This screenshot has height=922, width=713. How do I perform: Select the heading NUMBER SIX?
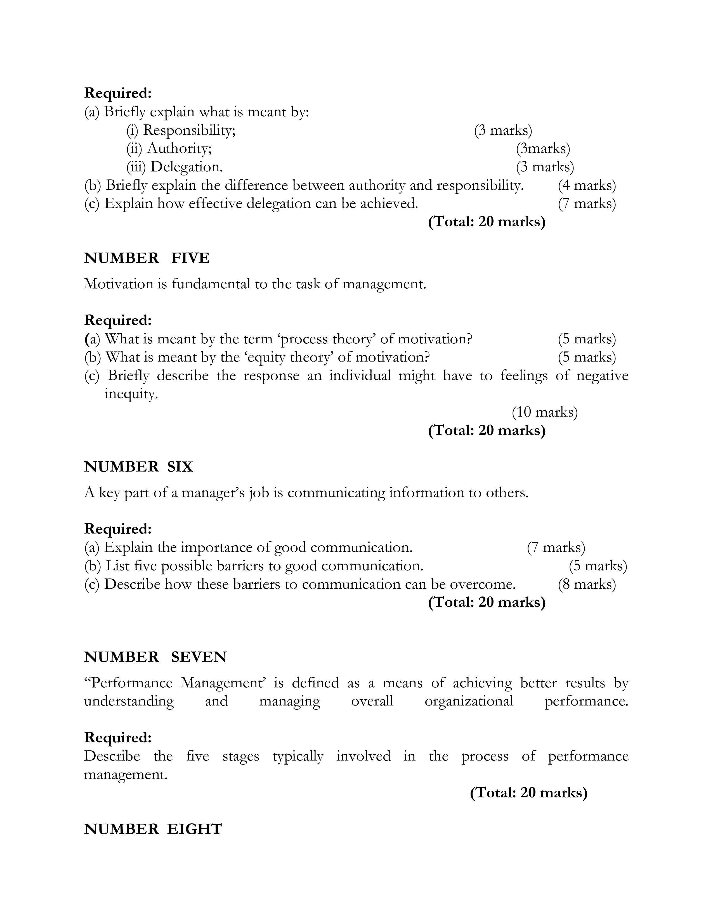click(x=138, y=467)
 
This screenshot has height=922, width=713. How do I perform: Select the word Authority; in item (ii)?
click(x=179, y=149)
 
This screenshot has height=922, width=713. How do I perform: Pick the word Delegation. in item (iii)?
click(x=186, y=167)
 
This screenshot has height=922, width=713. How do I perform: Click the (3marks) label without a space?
click(x=543, y=149)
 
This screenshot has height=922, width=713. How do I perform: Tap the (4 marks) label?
click(x=587, y=185)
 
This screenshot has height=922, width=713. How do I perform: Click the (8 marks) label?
click(x=587, y=584)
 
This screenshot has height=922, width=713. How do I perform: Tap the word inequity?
click(x=131, y=394)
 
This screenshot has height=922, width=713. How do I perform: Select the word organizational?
click(x=469, y=701)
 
